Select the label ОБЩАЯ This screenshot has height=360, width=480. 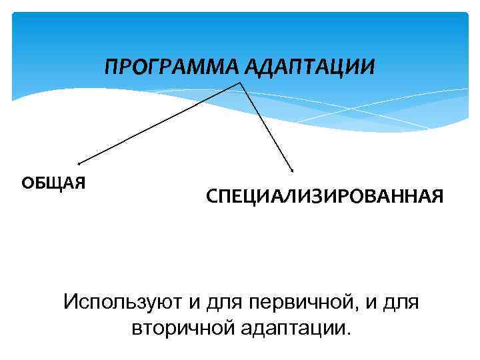(x=54, y=183)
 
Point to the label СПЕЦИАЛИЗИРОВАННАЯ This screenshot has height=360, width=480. (x=324, y=197)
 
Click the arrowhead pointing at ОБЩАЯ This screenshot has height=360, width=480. (x=79, y=162)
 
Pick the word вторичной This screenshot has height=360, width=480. (x=177, y=327)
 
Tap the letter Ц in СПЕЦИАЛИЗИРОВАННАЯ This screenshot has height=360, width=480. (x=250, y=197)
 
